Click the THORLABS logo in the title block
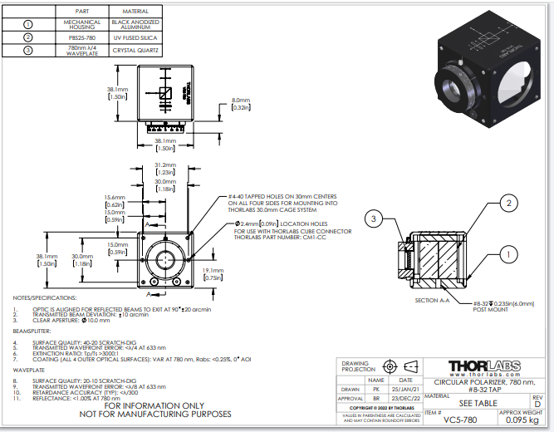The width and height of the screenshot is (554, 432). (x=486, y=366)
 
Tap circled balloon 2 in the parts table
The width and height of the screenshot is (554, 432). (x=30, y=37)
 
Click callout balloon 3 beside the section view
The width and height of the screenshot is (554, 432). (x=375, y=218)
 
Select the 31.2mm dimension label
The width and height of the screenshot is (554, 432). (x=164, y=167)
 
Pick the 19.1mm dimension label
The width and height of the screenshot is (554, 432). (x=213, y=273)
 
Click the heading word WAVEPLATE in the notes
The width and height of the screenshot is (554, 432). (x=29, y=371)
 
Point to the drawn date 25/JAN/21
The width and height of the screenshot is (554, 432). (x=405, y=389)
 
